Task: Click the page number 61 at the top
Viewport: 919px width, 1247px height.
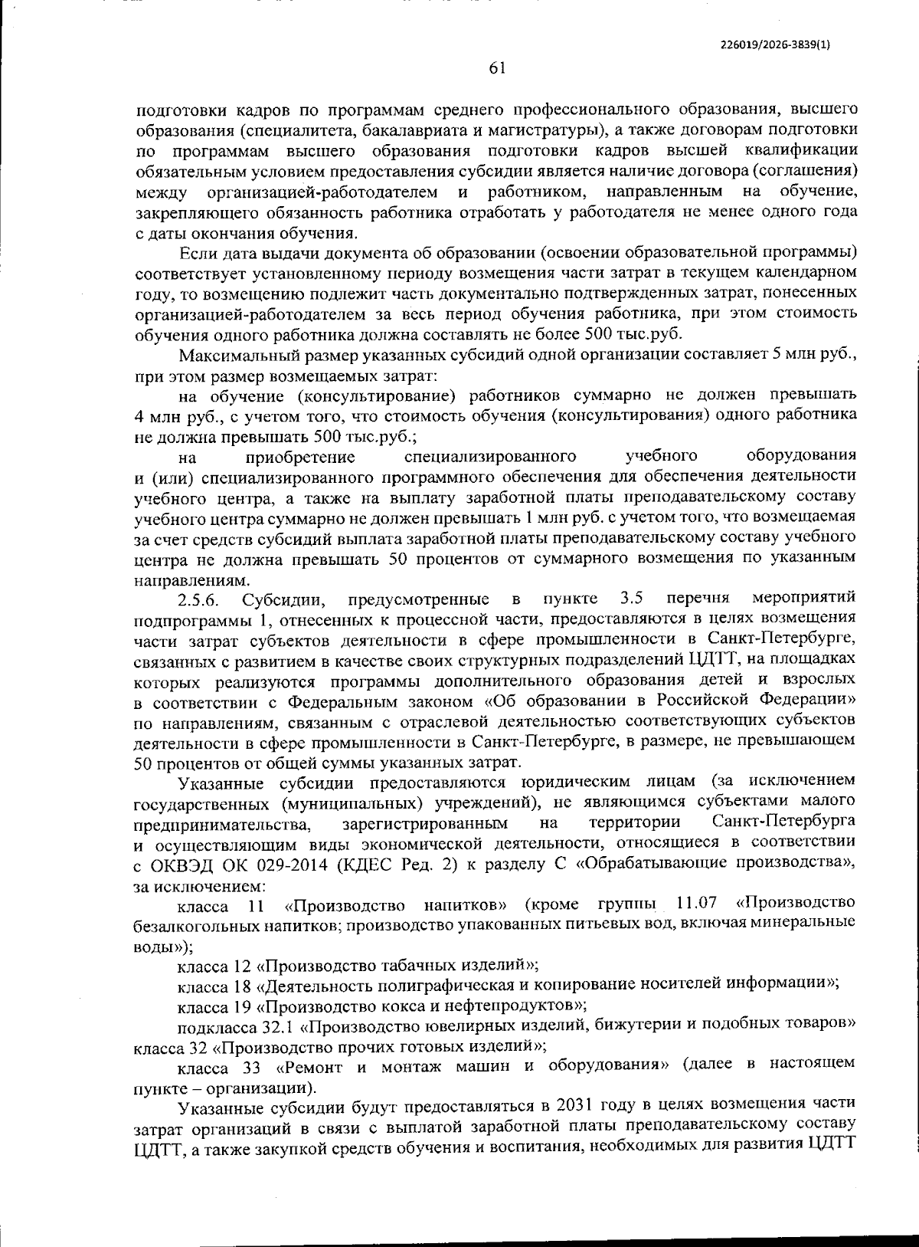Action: (497, 68)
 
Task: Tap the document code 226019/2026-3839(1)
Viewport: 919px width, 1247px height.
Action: (776, 44)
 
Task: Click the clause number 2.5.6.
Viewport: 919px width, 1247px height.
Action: (198, 599)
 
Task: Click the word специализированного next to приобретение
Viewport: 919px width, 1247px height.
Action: (490, 458)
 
